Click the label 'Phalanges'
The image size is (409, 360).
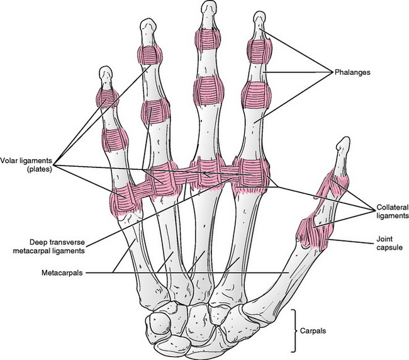tap(352, 72)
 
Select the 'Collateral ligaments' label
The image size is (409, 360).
tap(393, 211)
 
